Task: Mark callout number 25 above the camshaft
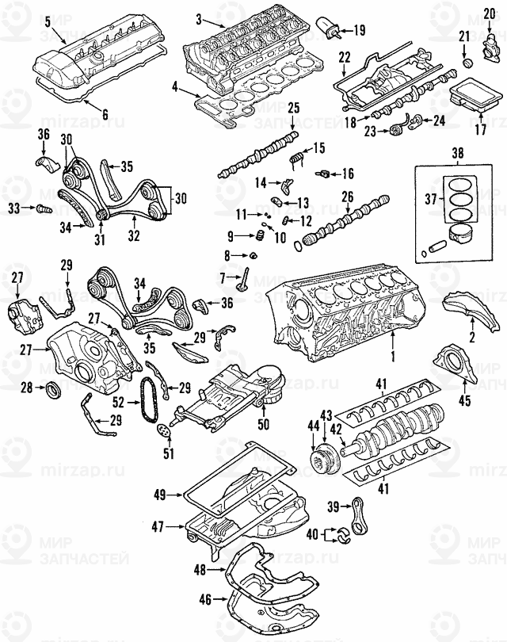pyautogui.click(x=293, y=107)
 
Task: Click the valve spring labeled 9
pyautogui.click(x=257, y=236)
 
